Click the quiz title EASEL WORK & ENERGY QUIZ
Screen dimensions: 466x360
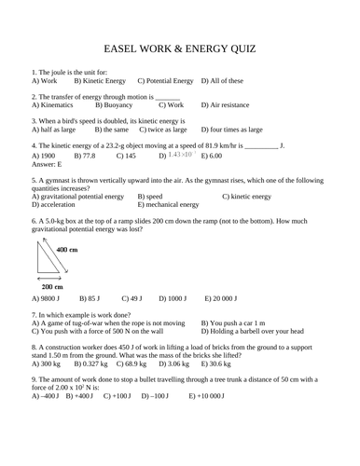pos(179,47)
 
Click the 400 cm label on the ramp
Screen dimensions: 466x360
pos(67,251)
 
